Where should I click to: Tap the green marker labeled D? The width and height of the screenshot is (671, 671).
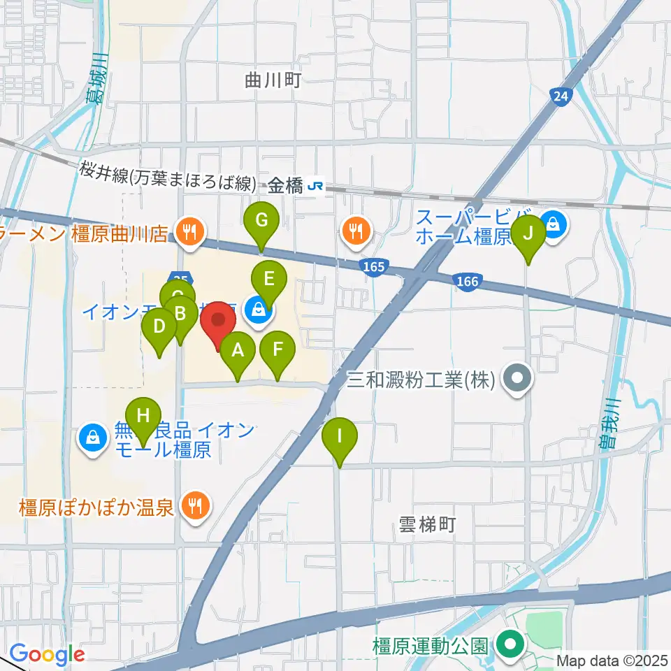click(159, 326)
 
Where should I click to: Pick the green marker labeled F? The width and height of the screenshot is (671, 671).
click(277, 349)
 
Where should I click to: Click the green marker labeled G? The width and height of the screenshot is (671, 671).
click(261, 221)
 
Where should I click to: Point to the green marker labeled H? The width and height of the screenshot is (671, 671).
click(143, 416)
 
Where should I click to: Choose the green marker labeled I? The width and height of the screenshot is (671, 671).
click(340, 437)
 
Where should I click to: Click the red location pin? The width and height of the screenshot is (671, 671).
click(218, 322)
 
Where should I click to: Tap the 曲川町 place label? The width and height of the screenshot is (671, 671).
click(273, 80)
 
